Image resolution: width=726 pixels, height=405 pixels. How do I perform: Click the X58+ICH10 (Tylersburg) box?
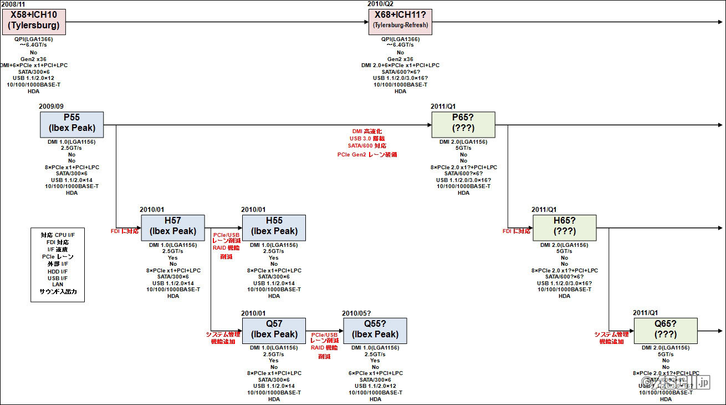point(33,21)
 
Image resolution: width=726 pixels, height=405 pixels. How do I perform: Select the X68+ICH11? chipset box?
point(400,21)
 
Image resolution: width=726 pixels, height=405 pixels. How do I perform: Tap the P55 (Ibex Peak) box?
point(71,125)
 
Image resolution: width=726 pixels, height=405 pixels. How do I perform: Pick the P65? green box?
point(463,125)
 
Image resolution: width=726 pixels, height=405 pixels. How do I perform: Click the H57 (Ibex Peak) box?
point(173,228)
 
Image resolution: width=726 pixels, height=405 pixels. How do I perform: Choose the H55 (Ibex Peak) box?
point(274,228)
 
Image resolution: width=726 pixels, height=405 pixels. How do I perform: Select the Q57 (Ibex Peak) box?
point(274,331)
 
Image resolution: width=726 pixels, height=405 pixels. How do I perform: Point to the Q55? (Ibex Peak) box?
point(375,331)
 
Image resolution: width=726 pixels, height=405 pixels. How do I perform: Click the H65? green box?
point(564,228)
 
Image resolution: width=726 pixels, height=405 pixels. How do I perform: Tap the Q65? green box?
point(666,331)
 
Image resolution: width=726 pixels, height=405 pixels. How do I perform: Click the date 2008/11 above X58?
point(13,4)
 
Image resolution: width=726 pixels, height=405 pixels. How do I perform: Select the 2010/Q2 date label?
point(381,4)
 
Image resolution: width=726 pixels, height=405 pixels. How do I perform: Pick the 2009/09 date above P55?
point(52,107)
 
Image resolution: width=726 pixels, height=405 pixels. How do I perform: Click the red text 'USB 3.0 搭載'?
point(367,138)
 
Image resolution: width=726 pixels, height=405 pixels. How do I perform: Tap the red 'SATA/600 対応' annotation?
point(367,146)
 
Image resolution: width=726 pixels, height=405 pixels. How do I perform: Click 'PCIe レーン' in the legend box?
point(58,257)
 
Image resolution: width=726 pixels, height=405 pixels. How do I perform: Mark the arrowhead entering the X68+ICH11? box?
point(365,22)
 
